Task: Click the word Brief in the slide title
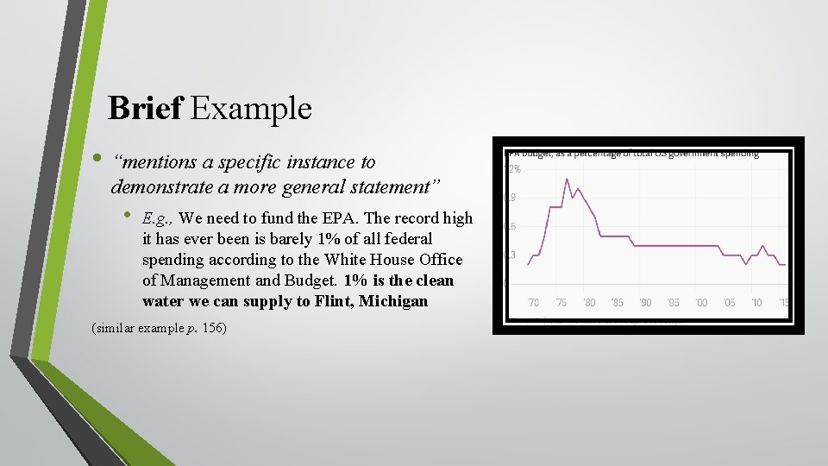point(146,109)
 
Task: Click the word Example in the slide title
point(251,109)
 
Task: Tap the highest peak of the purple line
point(567,179)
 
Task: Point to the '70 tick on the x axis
point(533,303)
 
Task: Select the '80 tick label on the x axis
point(589,303)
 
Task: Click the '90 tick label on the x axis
point(645,303)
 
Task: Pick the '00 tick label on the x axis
point(701,303)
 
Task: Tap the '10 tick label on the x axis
point(756,303)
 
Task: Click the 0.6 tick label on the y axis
point(510,227)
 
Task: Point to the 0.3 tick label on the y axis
point(510,255)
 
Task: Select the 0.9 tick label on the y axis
point(510,198)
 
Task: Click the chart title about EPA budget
point(634,154)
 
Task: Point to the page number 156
point(213,328)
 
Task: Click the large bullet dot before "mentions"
point(97,160)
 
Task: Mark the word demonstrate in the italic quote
point(158,186)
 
